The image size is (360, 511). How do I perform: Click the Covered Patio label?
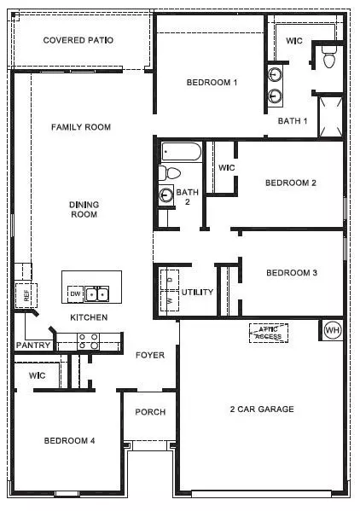[x=78, y=40]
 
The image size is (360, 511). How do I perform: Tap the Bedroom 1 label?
[x=212, y=82]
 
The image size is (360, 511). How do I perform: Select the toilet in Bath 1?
[x=329, y=58]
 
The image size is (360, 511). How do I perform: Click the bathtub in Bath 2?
[x=182, y=154]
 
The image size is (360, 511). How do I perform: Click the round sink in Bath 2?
[x=165, y=194]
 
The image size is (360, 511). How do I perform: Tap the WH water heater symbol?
[x=331, y=329]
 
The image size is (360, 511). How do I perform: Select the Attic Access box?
[x=267, y=332]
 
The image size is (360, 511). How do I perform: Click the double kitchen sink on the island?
[x=97, y=294]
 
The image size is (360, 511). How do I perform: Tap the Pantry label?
[x=33, y=346]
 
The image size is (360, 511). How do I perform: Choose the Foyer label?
[x=150, y=355]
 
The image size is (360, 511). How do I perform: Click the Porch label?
[x=150, y=412]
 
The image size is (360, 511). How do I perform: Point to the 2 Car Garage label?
[x=263, y=409]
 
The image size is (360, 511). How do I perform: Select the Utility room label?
[x=197, y=292]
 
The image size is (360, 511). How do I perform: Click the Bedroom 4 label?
[x=69, y=440]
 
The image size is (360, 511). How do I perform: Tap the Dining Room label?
[x=84, y=209]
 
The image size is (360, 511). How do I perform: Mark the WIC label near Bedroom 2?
[x=226, y=168]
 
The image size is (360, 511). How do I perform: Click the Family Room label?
[x=81, y=127]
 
